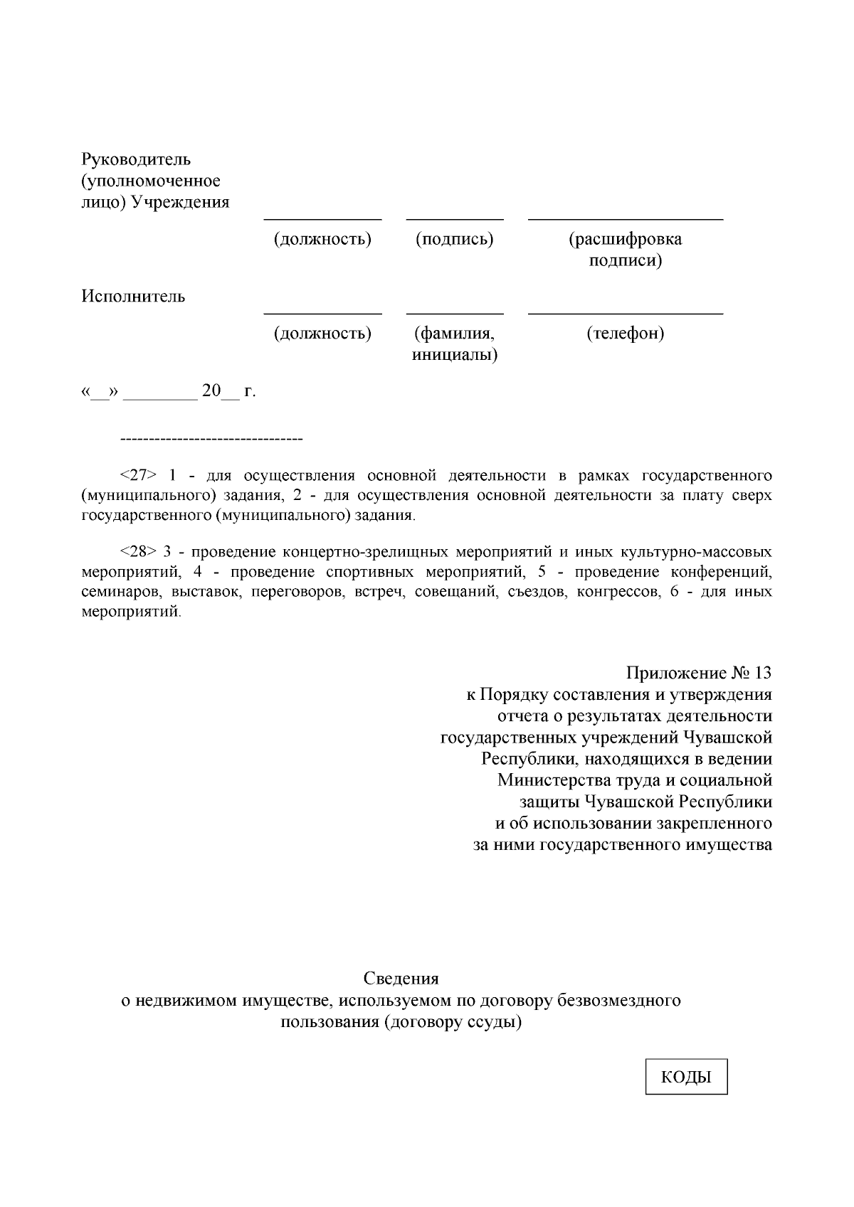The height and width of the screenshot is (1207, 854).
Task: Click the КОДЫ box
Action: (x=686, y=1077)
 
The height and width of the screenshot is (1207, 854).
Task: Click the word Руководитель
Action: (x=136, y=159)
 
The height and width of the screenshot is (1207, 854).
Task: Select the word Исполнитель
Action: (x=133, y=297)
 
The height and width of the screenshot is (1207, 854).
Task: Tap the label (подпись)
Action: (x=454, y=239)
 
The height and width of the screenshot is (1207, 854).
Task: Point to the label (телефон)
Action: (x=625, y=333)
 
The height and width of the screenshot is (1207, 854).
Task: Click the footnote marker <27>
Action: (x=139, y=475)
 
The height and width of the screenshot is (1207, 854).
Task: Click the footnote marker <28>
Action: (x=139, y=552)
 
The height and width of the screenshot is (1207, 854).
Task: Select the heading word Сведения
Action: (x=401, y=979)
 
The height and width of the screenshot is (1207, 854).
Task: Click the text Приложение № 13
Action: (x=698, y=673)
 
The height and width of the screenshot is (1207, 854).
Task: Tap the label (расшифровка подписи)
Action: (x=625, y=250)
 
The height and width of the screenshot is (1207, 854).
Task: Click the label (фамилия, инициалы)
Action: (x=454, y=344)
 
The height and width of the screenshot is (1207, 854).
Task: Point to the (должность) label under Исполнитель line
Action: (x=322, y=333)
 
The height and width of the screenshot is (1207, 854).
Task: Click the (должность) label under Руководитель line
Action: (x=322, y=239)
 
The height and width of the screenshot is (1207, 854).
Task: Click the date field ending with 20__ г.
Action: (x=169, y=391)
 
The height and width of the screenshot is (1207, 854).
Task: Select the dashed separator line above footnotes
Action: (x=211, y=439)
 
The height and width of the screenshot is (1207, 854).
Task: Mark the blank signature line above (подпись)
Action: (x=454, y=220)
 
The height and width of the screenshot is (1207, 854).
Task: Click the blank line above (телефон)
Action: (x=625, y=314)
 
